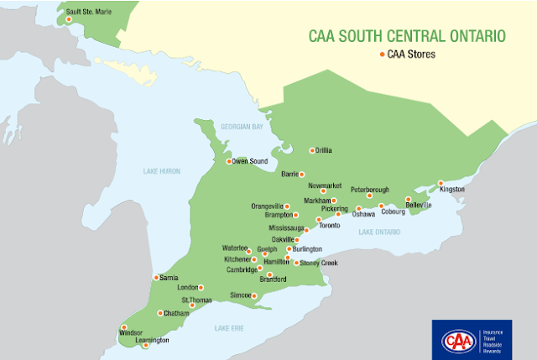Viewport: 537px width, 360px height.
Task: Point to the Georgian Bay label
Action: pos(242,126)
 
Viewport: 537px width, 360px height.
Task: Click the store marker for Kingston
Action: pos(441,183)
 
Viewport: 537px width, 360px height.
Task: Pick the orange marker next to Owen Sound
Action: pos(227,161)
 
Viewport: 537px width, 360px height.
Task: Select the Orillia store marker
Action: pos(312,151)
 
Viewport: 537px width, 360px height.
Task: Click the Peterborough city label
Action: pos(371,189)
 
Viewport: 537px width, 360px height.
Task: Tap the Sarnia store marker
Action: pos(155,277)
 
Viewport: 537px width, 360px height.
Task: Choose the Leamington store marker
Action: pos(145,345)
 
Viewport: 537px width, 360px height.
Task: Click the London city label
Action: pos(186,287)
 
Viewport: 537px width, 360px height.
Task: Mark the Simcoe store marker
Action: pos(254,295)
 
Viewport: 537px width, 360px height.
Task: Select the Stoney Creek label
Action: pos(319,263)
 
